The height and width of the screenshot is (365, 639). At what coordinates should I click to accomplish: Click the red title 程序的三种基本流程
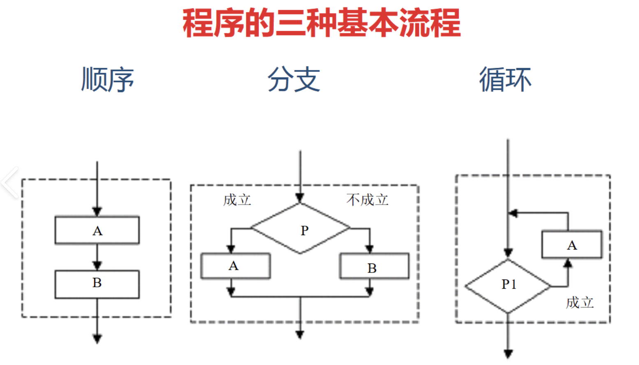point(321,23)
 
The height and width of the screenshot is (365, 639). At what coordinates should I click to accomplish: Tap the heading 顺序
point(108,79)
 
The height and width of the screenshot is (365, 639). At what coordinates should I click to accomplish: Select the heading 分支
point(294,79)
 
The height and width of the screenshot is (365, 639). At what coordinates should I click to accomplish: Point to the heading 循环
point(505,79)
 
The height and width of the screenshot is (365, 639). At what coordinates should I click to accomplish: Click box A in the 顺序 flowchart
point(97,231)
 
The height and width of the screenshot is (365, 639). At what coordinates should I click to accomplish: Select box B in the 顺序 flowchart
point(97,284)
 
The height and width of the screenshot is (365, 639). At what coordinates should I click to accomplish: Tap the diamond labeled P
point(301,229)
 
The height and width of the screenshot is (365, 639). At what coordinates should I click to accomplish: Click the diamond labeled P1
point(508,286)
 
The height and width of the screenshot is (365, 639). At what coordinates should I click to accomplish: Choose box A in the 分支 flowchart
point(235,266)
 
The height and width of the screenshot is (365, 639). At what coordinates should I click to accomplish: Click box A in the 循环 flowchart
point(572,245)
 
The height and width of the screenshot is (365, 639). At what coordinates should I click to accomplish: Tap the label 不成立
point(367,200)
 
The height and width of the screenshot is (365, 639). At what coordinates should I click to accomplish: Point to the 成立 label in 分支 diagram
point(237,200)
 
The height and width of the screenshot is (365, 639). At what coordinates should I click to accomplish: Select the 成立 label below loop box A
point(580,303)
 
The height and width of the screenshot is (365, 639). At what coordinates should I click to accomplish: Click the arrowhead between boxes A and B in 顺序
point(97,265)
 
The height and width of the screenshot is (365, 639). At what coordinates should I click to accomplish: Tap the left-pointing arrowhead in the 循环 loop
point(513,213)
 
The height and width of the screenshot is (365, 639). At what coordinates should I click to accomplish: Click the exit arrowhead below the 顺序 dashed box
point(97,339)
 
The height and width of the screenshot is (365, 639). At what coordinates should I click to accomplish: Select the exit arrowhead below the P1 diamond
point(508,353)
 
